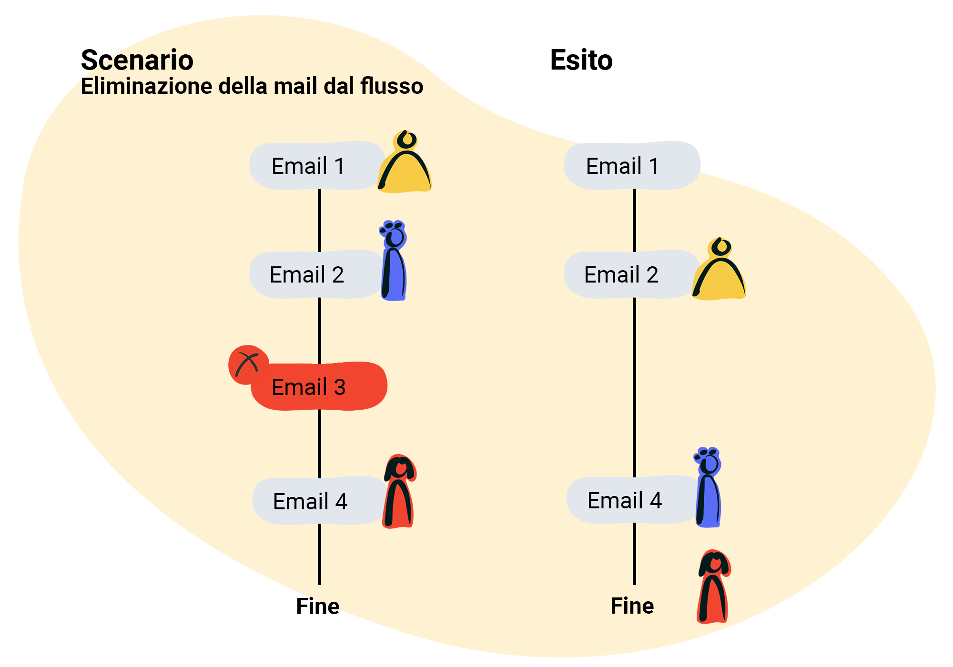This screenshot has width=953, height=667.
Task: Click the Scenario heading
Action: (137, 60)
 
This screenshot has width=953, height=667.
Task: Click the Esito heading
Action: (581, 60)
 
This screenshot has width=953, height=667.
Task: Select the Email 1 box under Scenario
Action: (317, 166)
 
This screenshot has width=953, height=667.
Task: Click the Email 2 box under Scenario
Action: (316, 274)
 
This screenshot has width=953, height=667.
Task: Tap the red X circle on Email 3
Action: (248, 364)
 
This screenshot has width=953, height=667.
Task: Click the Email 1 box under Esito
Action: (632, 166)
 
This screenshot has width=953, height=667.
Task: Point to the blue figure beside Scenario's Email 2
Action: (394, 261)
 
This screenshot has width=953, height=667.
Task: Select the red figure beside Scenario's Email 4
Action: (399, 492)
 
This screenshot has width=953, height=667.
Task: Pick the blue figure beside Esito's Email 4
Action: (708, 487)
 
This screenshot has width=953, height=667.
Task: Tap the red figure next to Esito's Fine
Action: (714, 587)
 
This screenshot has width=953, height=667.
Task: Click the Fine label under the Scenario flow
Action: (318, 606)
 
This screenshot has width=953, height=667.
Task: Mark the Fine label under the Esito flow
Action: (632, 606)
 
